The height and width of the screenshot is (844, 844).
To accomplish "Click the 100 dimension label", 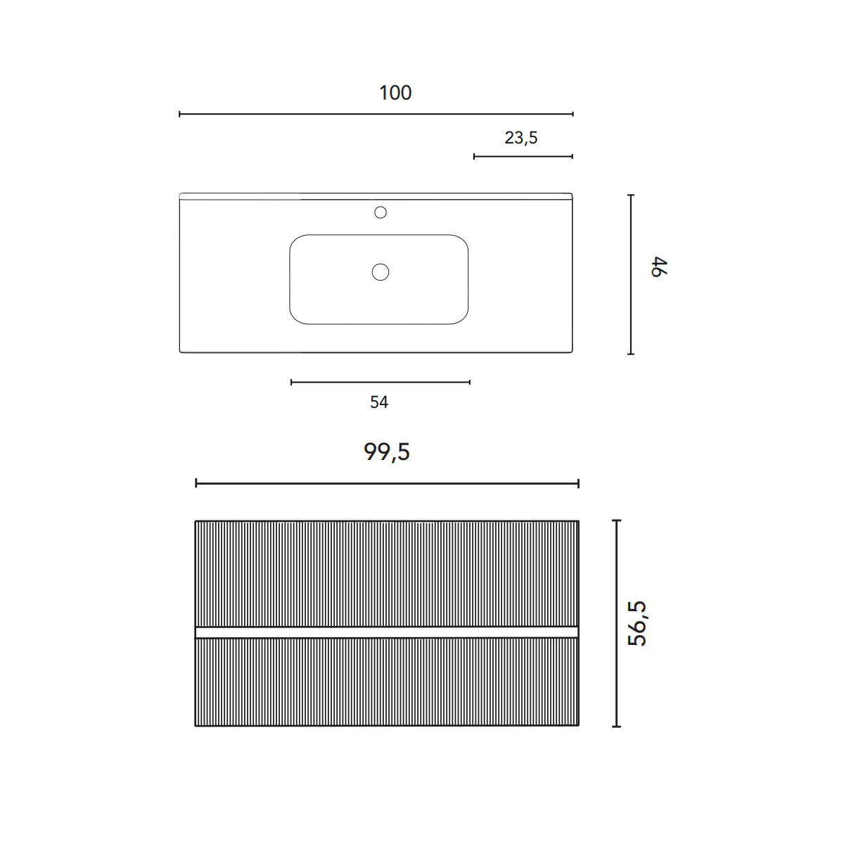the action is point(395,93).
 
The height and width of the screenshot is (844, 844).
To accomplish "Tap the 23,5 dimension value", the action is point(520,138).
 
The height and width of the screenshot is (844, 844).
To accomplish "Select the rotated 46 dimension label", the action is point(658,267).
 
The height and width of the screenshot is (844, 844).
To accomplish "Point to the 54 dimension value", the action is point(379,402).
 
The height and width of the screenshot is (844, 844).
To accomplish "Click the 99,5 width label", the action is point(387,452).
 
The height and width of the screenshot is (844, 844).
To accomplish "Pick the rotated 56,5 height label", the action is point(637,624).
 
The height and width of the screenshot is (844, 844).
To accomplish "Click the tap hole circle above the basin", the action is point(381,212).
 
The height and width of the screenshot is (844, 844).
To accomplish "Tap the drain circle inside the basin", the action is point(381,272).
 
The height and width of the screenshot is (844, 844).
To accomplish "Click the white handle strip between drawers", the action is point(387,632).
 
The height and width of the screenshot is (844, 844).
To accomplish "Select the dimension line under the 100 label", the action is point(376,115).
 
